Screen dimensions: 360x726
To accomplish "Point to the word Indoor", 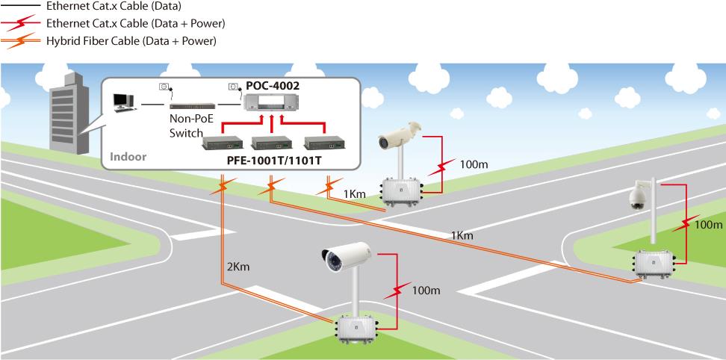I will coord(128,158).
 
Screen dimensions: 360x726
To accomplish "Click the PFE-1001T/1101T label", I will coord(274,159).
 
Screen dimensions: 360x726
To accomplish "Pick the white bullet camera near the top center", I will coord(400,134).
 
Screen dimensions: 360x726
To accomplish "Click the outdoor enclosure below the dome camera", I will coord(653,263).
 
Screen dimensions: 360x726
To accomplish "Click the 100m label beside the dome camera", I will coord(707,223).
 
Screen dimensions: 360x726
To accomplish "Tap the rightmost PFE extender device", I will coord(321,142).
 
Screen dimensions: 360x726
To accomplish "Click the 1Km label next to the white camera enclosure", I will coord(355,194).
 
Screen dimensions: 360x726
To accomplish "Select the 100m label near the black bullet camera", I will coord(426,289).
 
